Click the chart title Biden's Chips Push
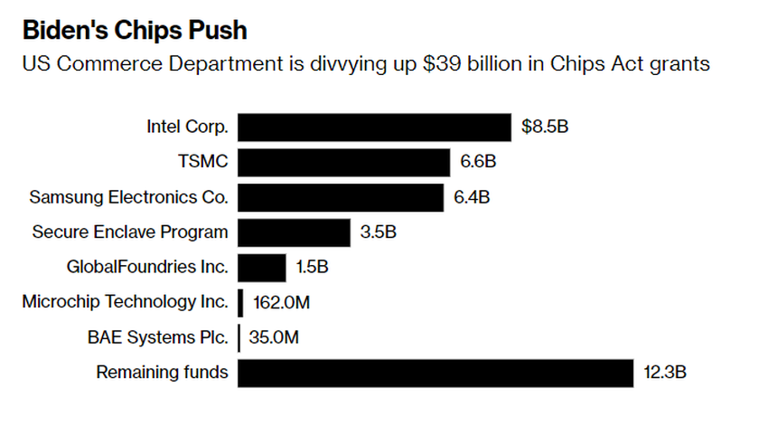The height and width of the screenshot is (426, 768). click(135, 30)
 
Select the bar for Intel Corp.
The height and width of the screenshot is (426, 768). click(374, 128)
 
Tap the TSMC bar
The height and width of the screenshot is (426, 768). click(343, 163)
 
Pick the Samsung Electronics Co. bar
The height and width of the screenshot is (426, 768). click(341, 197)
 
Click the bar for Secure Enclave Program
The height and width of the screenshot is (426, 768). click(294, 232)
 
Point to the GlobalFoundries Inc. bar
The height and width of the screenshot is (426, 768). click(262, 268)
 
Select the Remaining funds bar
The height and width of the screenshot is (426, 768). click(436, 373)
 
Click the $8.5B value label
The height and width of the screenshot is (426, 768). click(545, 128)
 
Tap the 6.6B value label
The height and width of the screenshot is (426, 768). click(479, 163)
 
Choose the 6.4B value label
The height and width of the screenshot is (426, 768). click(473, 197)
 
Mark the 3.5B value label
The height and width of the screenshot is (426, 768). click(379, 232)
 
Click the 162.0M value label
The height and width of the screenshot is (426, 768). click(281, 303)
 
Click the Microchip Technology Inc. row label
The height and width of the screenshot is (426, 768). click(126, 302)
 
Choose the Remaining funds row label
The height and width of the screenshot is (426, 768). click(163, 372)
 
